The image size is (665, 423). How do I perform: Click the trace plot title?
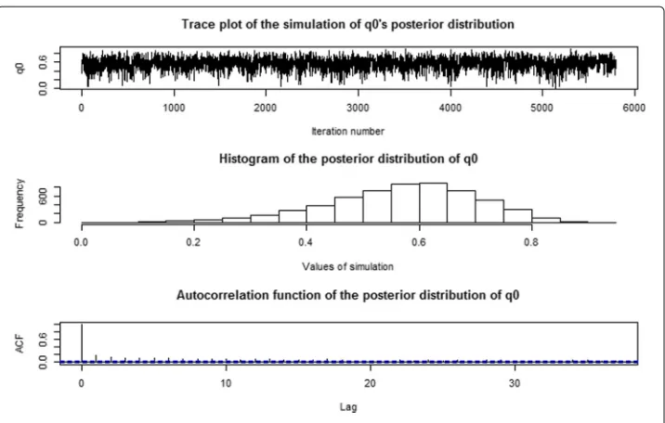347,24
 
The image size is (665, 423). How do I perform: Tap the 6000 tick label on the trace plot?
634,108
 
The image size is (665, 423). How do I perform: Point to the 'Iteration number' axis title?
347,132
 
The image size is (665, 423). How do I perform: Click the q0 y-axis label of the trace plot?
20,68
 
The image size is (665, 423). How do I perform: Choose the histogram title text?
348,159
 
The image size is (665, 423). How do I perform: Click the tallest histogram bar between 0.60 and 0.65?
433,203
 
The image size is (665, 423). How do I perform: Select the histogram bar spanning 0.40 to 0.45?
320,214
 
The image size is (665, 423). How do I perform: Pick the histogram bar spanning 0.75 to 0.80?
517,216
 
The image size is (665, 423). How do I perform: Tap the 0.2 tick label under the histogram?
194,243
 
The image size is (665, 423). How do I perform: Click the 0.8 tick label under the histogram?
531,243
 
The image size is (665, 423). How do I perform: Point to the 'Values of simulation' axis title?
347,267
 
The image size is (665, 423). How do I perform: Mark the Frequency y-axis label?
20,204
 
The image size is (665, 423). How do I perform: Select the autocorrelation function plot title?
347,295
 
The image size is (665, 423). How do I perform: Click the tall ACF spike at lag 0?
82,343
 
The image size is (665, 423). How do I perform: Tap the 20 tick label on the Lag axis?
371,384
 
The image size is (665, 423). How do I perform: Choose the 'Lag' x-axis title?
348,407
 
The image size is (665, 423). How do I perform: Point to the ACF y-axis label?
20,344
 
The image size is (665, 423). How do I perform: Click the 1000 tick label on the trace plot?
174,108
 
